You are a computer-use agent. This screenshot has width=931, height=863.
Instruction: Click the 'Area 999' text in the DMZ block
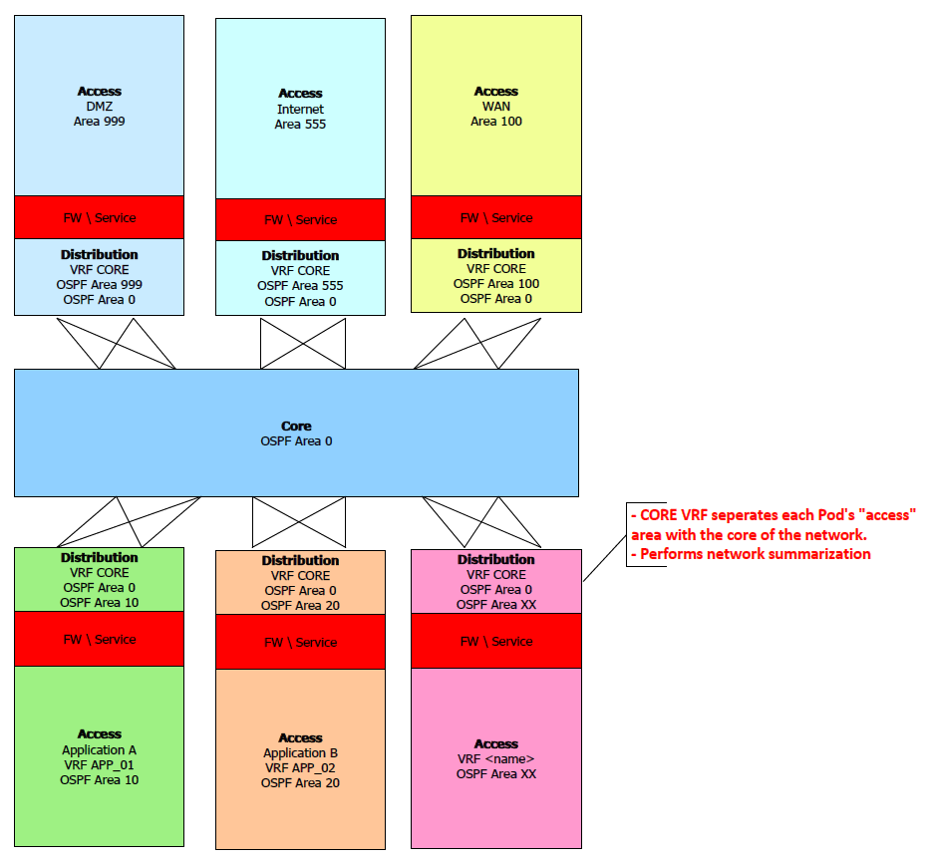click(x=99, y=122)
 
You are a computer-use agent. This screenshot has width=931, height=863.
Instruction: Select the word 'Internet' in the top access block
click(x=300, y=110)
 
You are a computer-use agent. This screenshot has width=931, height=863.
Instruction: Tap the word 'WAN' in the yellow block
click(x=496, y=107)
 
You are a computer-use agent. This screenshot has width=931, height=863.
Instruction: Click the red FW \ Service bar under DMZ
click(x=99, y=217)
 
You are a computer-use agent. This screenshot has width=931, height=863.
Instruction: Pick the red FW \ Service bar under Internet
click(x=300, y=219)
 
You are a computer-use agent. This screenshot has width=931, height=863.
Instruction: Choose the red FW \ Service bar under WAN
click(x=496, y=217)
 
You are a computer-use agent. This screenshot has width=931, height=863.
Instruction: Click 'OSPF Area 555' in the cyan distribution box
click(x=300, y=286)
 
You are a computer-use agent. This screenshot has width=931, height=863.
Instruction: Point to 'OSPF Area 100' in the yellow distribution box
click(x=496, y=284)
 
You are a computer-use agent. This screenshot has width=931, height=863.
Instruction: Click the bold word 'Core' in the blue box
click(x=296, y=427)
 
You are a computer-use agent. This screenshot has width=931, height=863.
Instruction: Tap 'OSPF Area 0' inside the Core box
click(x=296, y=441)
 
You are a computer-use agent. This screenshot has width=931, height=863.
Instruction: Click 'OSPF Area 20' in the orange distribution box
click(x=300, y=606)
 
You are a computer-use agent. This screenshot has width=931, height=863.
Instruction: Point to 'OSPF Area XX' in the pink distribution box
click(x=496, y=605)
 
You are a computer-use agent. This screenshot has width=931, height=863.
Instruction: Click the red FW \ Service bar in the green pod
click(x=99, y=639)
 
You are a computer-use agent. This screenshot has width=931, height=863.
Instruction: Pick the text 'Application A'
click(x=99, y=750)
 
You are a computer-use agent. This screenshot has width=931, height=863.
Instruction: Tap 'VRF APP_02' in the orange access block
click(x=300, y=768)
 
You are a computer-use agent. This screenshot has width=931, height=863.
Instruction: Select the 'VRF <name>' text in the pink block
click(x=496, y=759)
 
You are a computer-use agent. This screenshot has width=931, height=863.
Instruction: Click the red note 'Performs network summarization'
click(x=756, y=554)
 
